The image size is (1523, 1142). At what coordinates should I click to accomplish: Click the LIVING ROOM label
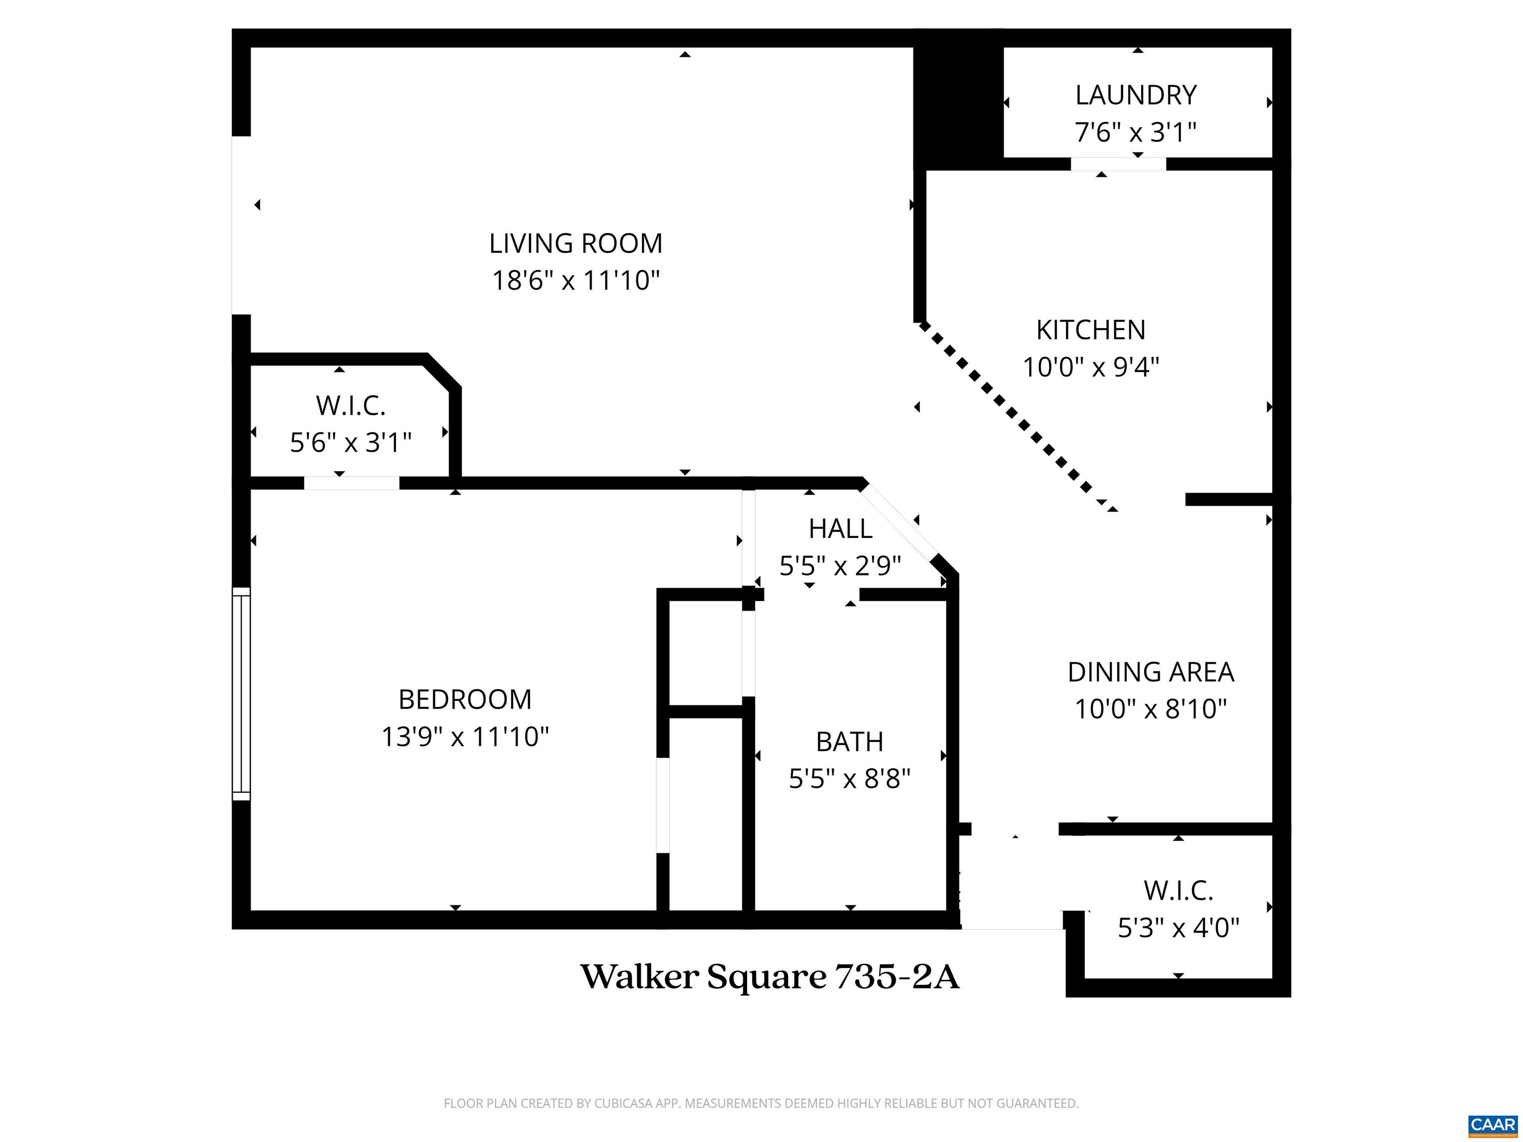[x=576, y=244]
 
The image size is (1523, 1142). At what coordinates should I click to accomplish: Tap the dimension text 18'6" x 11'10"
[x=576, y=281]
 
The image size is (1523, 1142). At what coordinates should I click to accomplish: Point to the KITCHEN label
[x=1091, y=331]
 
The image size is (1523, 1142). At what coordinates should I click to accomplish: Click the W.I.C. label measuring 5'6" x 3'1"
[x=351, y=406]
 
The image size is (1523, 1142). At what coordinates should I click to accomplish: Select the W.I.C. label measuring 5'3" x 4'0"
[x=1178, y=891]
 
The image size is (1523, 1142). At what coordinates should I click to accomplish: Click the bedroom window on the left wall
[x=241, y=694]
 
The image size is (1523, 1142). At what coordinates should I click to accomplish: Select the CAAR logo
[x=1492, y=1124]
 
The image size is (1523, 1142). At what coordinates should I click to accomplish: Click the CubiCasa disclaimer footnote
[x=761, y=1103]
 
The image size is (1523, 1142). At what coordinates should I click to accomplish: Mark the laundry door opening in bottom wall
[x=1117, y=164]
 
